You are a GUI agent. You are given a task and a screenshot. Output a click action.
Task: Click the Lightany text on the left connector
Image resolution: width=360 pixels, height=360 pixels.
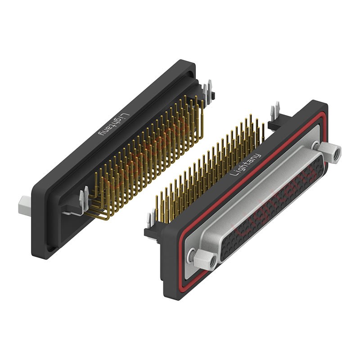click(x=114, y=125)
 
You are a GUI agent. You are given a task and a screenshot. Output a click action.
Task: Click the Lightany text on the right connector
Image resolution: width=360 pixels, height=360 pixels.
click(x=245, y=165)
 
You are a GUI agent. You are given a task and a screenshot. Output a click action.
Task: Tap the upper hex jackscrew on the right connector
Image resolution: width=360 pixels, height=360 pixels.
click(x=330, y=152)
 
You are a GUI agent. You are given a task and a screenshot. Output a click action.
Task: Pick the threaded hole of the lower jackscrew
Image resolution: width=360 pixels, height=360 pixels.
click(x=212, y=261)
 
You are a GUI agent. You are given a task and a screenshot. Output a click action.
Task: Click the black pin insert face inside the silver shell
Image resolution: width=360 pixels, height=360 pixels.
click(x=271, y=207)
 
